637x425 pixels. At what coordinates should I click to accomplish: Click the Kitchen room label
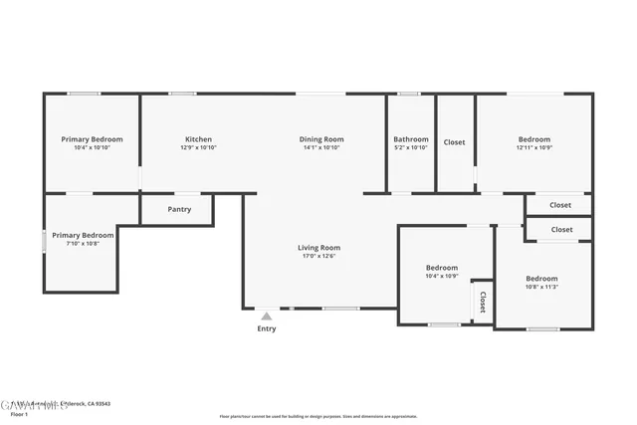click(198, 139)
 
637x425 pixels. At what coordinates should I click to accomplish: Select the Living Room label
click(318, 247)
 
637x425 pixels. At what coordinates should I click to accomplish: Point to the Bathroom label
click(410, 139)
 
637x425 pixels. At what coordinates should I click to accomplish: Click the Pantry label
click(179, 209)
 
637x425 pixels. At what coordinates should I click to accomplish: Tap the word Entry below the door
click(267, 328)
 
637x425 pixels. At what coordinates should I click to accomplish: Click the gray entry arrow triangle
click(267, 316)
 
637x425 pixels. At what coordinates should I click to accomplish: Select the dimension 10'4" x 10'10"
click(92, 147)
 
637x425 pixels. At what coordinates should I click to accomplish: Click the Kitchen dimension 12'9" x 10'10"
click(198, 147)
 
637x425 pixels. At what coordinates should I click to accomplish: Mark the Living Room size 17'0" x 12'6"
click(318, 256)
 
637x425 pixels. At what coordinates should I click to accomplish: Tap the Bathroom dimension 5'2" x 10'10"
click(410, 147)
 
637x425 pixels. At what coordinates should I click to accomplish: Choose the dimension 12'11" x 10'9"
click(533, 147)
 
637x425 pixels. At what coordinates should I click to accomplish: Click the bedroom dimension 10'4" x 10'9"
click(442, 276)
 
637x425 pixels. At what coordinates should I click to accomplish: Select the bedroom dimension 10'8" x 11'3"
click(541, 287)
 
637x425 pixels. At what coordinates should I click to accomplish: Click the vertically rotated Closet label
click(483, 301)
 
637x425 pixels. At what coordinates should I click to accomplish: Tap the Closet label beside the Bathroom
click(454, 142)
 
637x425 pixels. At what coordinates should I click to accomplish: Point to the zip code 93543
click(101, 403)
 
